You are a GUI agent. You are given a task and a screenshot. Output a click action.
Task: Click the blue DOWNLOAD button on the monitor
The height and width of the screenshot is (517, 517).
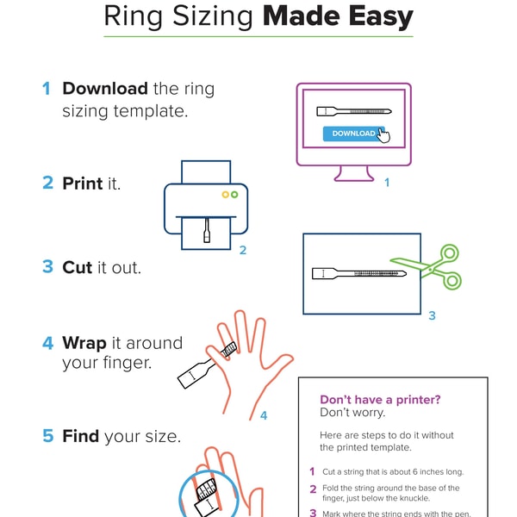tap(353, 134)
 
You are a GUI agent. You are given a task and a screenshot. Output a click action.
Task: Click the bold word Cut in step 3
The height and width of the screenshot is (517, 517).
tap(78, 267)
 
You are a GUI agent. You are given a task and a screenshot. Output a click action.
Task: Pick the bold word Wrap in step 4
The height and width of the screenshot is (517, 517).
tap(84, 343)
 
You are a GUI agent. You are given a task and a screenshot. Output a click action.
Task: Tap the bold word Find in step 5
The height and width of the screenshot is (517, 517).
tap(81, 436)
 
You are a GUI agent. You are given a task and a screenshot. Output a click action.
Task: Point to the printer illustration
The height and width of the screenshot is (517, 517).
tap(206, 207)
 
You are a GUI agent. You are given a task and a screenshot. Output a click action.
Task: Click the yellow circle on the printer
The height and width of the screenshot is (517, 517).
tap(226, 195)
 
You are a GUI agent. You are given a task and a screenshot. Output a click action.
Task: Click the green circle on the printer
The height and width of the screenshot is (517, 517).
tap(234, 195)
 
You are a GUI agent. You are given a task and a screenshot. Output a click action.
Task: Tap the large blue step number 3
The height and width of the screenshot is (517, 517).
tap(47, 267)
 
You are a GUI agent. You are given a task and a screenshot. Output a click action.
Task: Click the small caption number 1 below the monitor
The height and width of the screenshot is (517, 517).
tap(387, 183)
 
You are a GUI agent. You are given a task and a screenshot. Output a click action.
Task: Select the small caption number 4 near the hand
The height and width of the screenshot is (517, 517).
tap(264, 416)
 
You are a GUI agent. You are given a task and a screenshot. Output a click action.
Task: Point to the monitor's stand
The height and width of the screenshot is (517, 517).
tap(353, 174)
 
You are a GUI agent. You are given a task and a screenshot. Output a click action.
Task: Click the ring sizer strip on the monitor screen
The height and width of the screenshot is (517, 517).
tap(353, 112)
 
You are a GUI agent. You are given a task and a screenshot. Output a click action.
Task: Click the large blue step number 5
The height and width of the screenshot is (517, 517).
tap(47, 436)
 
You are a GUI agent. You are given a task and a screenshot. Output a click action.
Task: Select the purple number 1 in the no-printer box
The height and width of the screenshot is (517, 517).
tap(312, 471)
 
